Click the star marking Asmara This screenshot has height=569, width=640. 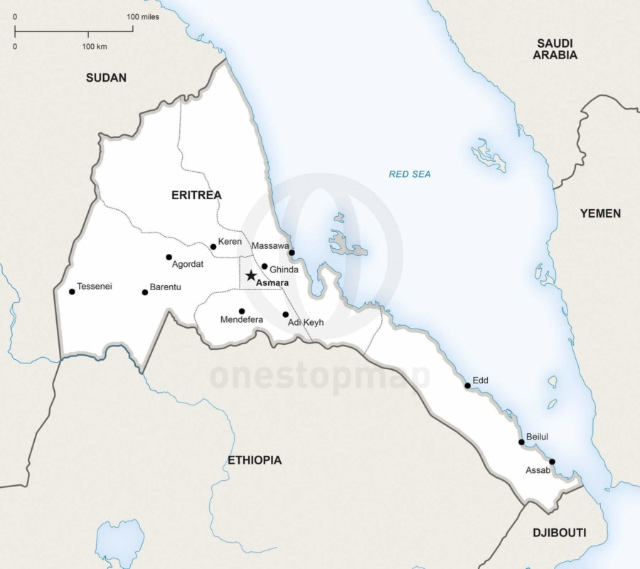[x=251, y=275]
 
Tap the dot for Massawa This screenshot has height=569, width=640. [x=292, y=252]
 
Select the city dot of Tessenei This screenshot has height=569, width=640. [x=72, y=292]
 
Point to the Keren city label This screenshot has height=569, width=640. [x=230, y=242]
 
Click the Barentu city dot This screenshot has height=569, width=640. [x=145, y=292]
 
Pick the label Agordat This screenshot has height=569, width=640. [x=188, y=264]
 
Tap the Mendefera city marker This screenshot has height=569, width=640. [x=242, y=311]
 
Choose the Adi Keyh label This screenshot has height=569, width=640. [x=306, y=322]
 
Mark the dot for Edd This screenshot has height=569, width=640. [x=468, y=385]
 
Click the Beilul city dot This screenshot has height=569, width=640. [x=521, y=442]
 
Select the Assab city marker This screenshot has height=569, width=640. [x=552, y=462]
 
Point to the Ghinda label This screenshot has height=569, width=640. [x=284, y=270]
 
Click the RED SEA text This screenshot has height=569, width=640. [x=410, y=174]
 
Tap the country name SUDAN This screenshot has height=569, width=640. [x=106, y=78]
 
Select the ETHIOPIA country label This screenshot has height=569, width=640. [x=255, y=460]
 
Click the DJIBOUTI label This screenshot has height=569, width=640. [x=559, y=532]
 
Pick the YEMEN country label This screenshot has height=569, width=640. [x=600, y=213]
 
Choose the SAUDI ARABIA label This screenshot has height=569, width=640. [x=555, y=49]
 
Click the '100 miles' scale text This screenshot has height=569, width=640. [x=143, y=16]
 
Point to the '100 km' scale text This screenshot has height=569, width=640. [x=94, y=46]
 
